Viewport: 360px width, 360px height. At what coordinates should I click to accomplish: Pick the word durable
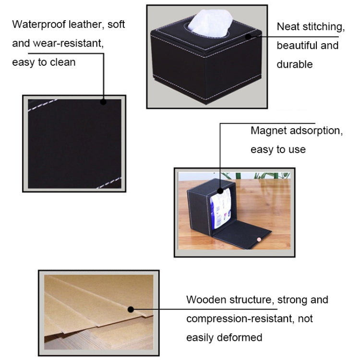tap(295, 64)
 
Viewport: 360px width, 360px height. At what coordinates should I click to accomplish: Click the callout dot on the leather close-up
tap(103, 102)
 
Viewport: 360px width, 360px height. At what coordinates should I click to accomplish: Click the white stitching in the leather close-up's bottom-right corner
tap(108, 183)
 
